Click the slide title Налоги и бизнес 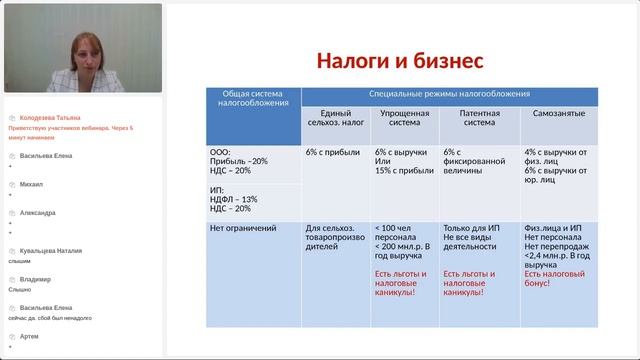click(x=400, y=61)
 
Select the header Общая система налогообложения click(x=253, y=98)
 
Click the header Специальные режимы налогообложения click(x=449, y=94)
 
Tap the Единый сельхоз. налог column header click(x=335, y=119)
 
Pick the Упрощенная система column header click(x=402, y=119)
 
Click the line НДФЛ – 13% click(x=231, y=198)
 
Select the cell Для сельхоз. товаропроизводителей click(x=335, y=235)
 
